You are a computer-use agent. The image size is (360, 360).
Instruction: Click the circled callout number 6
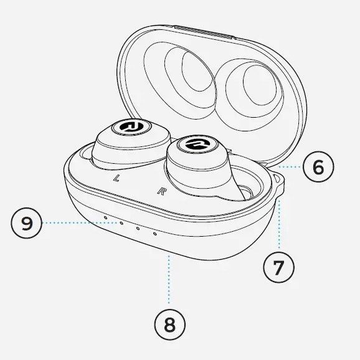[x=318, y=167]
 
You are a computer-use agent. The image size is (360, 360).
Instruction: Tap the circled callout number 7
[x=278, y=267]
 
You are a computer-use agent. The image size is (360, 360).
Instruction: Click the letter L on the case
[x=116, y=178]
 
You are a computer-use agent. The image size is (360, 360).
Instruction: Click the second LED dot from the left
[x=121, y=222]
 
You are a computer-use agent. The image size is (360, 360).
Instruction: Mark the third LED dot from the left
[x=138, y=228]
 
